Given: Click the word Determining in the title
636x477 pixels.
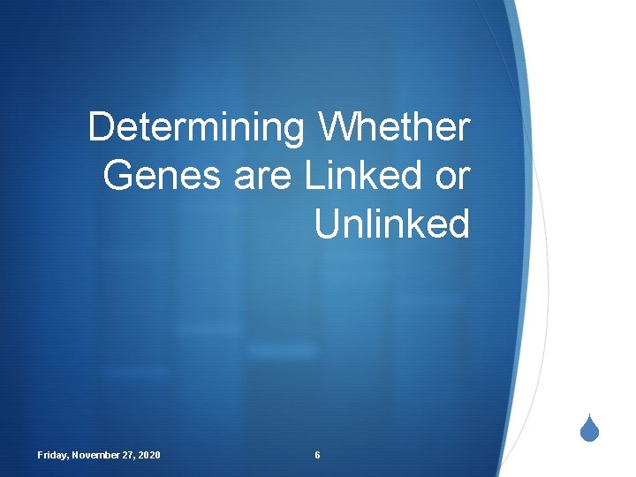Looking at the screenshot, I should click(196, 128).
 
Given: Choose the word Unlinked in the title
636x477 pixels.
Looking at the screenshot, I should click(392, 224).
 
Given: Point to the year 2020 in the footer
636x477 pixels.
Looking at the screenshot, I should click(150, 455).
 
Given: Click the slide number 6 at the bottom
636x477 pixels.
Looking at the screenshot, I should click(317, 455).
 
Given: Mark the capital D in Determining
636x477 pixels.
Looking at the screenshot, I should click(100, 128).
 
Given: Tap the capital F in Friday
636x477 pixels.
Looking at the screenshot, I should click(41, 455).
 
